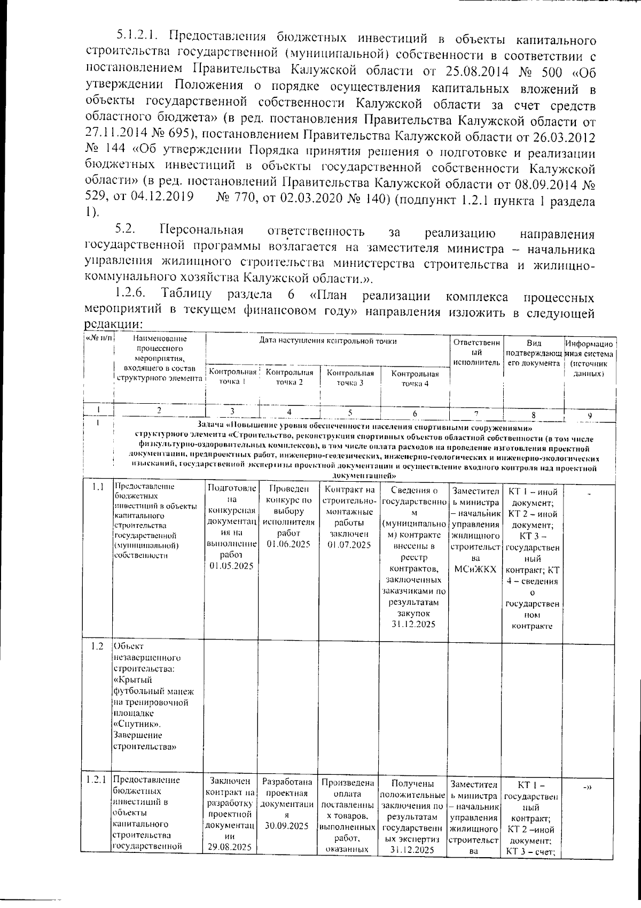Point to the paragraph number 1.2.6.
click(130, 294)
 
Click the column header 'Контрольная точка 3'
click(350, 378)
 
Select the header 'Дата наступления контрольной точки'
click(328, 340)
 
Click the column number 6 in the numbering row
click(415, 413)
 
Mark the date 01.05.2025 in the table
click(231, 566)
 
